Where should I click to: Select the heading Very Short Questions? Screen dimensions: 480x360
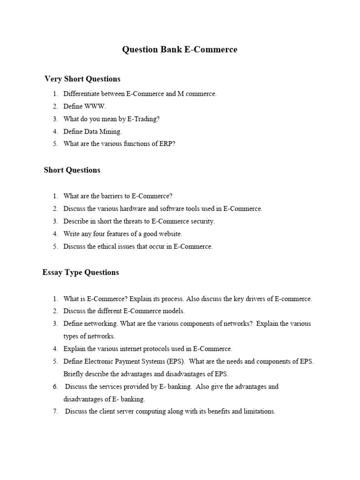click(x=82, y=79)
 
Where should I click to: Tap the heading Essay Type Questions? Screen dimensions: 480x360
click(x=81, y=272)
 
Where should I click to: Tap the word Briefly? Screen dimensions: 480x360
click(x=74, y=374)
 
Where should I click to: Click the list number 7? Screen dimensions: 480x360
click(x=55, y=412)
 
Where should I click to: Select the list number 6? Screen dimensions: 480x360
click(x=55, y=387)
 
